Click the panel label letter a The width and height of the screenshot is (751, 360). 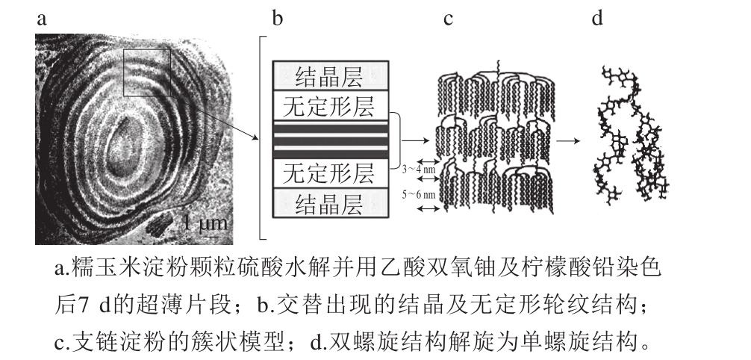pos(42,19)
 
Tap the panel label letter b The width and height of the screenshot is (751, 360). pos(277,18)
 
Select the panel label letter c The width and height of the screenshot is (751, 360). pos(449,19)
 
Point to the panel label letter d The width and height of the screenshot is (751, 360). pos(596,18)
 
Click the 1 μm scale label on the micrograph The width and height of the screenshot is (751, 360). pos(206,223)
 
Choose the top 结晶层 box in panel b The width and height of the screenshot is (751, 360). pos(331,75)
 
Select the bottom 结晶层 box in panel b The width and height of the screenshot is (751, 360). pos(331,203)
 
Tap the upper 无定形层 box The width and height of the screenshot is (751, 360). pos(331,105)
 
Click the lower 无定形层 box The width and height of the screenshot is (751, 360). pos(331,173)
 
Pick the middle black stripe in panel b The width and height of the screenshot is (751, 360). pos(331,140)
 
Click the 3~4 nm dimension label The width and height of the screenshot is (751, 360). pos(419,170)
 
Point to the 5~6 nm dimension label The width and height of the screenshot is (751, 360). pos(419,194)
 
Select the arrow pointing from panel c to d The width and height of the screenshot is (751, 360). pos(568,141)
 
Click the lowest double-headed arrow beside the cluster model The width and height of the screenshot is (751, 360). pos(429,208)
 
